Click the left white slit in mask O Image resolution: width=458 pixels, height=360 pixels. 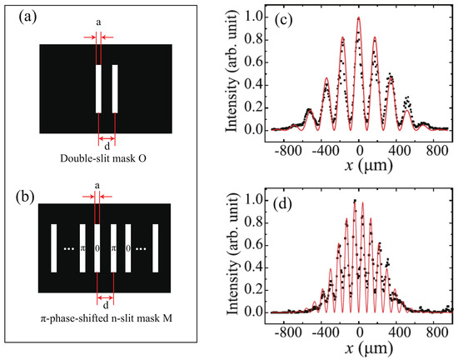click(x=98, y=88)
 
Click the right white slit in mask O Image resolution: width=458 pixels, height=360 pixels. click(x=114, y=88)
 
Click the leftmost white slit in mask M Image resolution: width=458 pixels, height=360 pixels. click(x=52, y=247)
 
